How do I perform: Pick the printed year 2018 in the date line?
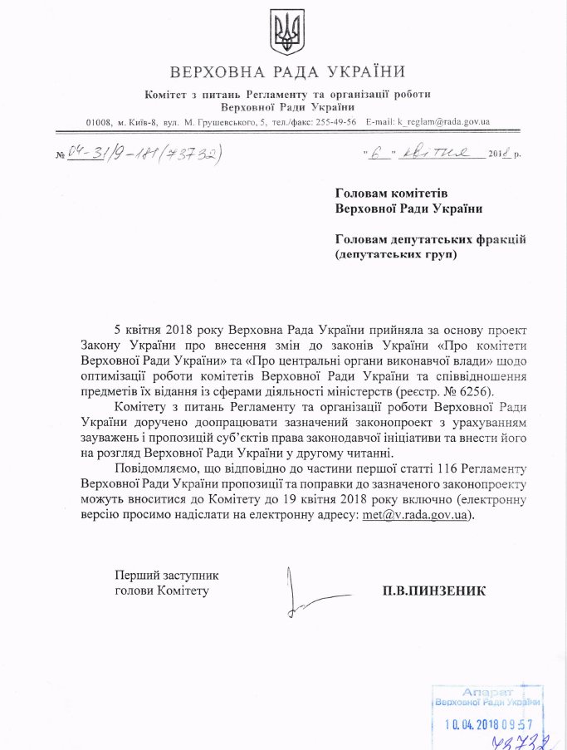(x=498, y=154)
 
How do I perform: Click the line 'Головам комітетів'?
(x=385, y=193)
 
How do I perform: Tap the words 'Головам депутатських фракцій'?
(x=432, y=239)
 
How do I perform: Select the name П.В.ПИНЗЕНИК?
(x=433, y=591)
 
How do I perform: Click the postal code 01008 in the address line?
(x=100, y=122)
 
